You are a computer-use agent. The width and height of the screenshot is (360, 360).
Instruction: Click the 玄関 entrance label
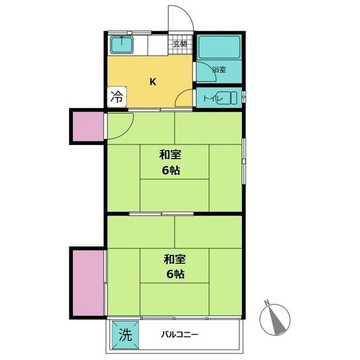click(x=180, y=44)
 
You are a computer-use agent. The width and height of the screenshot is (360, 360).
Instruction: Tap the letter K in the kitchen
click(x=153, y=82)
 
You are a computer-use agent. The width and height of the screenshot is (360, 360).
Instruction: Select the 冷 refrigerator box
click(x=117, y=97)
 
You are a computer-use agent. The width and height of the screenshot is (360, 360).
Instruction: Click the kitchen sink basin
click(x=121, y=45)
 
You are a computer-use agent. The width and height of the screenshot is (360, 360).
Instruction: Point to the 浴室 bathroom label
click(x=219, y=69)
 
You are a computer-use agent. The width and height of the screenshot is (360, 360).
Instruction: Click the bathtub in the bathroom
click(x=219, y=47)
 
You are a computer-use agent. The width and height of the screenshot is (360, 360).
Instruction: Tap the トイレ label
click(x=214, y=99)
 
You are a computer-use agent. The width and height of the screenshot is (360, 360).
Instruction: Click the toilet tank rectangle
click(x=234, y=98)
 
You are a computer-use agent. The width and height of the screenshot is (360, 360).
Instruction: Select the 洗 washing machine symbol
click(x=125, y=335)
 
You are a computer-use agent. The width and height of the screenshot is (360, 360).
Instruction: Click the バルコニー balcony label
click(x=179, y=334)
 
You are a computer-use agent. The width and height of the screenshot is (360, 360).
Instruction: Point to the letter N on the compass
click(x=267, y=303)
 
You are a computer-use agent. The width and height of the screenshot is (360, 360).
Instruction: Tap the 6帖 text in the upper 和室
click(x=171, y=170)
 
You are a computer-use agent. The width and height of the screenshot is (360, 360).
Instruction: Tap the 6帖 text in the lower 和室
click(x=175, y=274)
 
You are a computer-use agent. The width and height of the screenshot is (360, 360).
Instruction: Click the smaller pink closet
click(x=88, y=126)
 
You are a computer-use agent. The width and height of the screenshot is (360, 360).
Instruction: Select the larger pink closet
click(x=88, y=283)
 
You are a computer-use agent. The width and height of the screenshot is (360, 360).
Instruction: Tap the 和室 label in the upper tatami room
click(x=170, y=155)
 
